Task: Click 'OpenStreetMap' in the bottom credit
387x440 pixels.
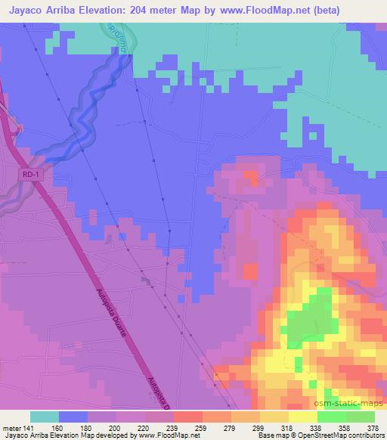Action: tap(324, 436)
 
